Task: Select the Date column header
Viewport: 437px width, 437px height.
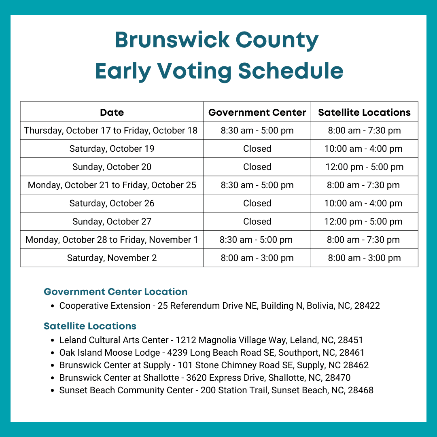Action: click(112, 112)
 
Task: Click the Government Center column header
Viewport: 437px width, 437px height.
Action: click(257, 112)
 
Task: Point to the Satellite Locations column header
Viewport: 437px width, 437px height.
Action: click(364, 112)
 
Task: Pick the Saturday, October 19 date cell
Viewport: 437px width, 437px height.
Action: click(112, 148)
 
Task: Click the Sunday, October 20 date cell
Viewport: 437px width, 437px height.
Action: click(112, 167)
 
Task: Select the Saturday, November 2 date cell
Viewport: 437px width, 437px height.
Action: click(112, 258)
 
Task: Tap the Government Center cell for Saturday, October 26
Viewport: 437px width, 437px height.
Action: click(257, 203)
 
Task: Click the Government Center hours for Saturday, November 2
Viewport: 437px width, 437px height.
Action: click(257, 258)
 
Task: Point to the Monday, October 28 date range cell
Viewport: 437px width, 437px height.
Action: click(112, 240)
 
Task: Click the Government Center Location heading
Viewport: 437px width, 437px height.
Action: click(115, 292)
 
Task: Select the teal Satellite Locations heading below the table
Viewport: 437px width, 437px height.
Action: click(90, 326)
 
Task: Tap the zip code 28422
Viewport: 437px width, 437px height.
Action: click(367, 305)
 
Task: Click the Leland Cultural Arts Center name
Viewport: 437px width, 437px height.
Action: click(114, 340)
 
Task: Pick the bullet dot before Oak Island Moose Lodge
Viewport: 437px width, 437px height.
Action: click(53, 353)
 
